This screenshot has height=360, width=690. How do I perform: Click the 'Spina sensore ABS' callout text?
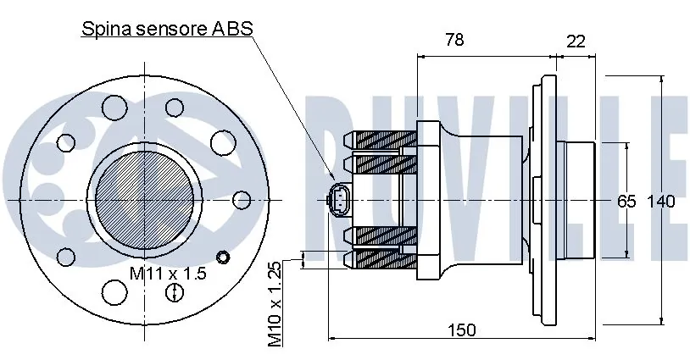click(167, 29)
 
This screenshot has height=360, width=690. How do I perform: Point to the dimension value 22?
click(576, 39)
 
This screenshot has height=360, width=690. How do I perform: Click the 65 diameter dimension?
click(626, 201)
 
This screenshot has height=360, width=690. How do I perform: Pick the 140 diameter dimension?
click(661, 201)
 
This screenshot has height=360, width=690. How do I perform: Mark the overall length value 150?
click(461, 329)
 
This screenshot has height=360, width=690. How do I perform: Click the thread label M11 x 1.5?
click(168, 273)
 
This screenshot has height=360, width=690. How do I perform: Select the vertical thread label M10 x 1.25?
click(275, 303)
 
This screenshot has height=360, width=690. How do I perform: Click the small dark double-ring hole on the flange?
click(224, 257)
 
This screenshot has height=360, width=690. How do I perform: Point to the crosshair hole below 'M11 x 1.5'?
click(175, 293)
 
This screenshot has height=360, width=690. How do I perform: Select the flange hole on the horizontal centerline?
click(242, 200)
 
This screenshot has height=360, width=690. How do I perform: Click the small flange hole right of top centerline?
click(175, 107)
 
